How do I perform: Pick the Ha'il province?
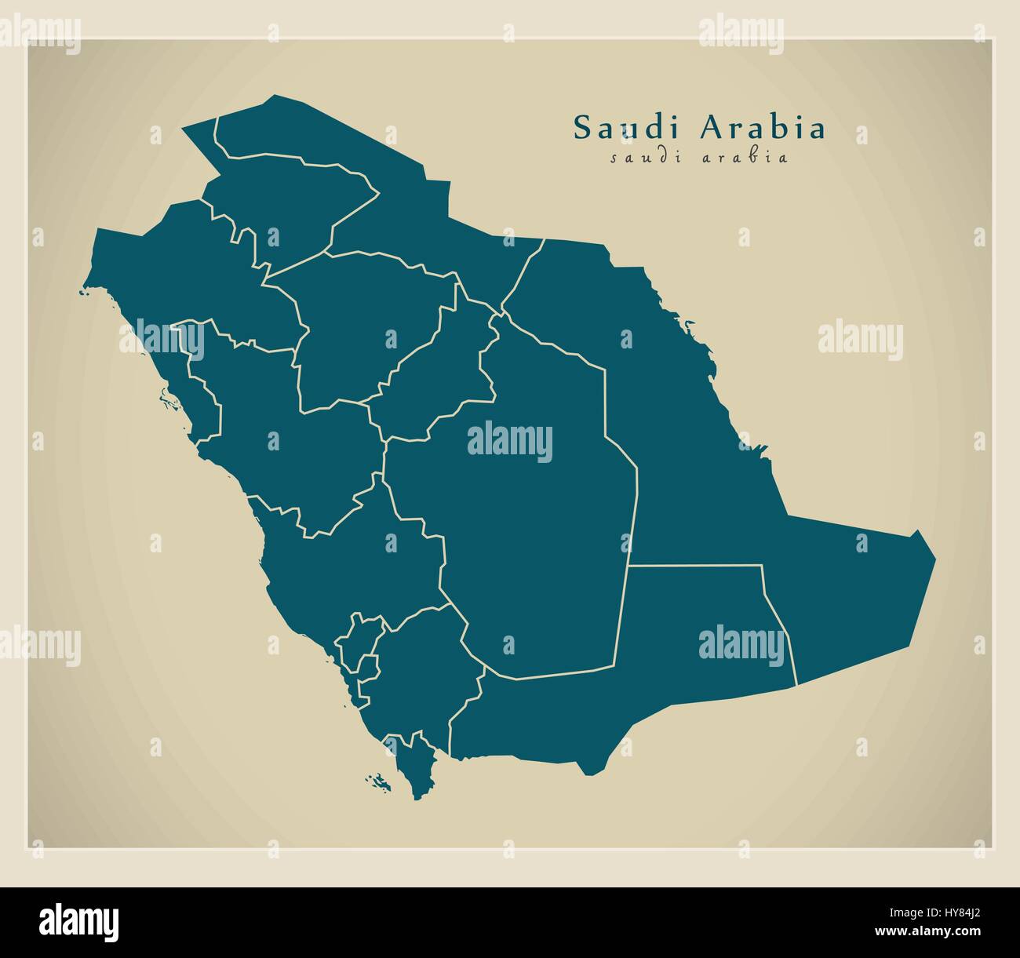click(361, 330)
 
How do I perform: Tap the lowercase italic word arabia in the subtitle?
click(745, 157)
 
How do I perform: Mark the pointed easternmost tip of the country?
click(934, 559)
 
